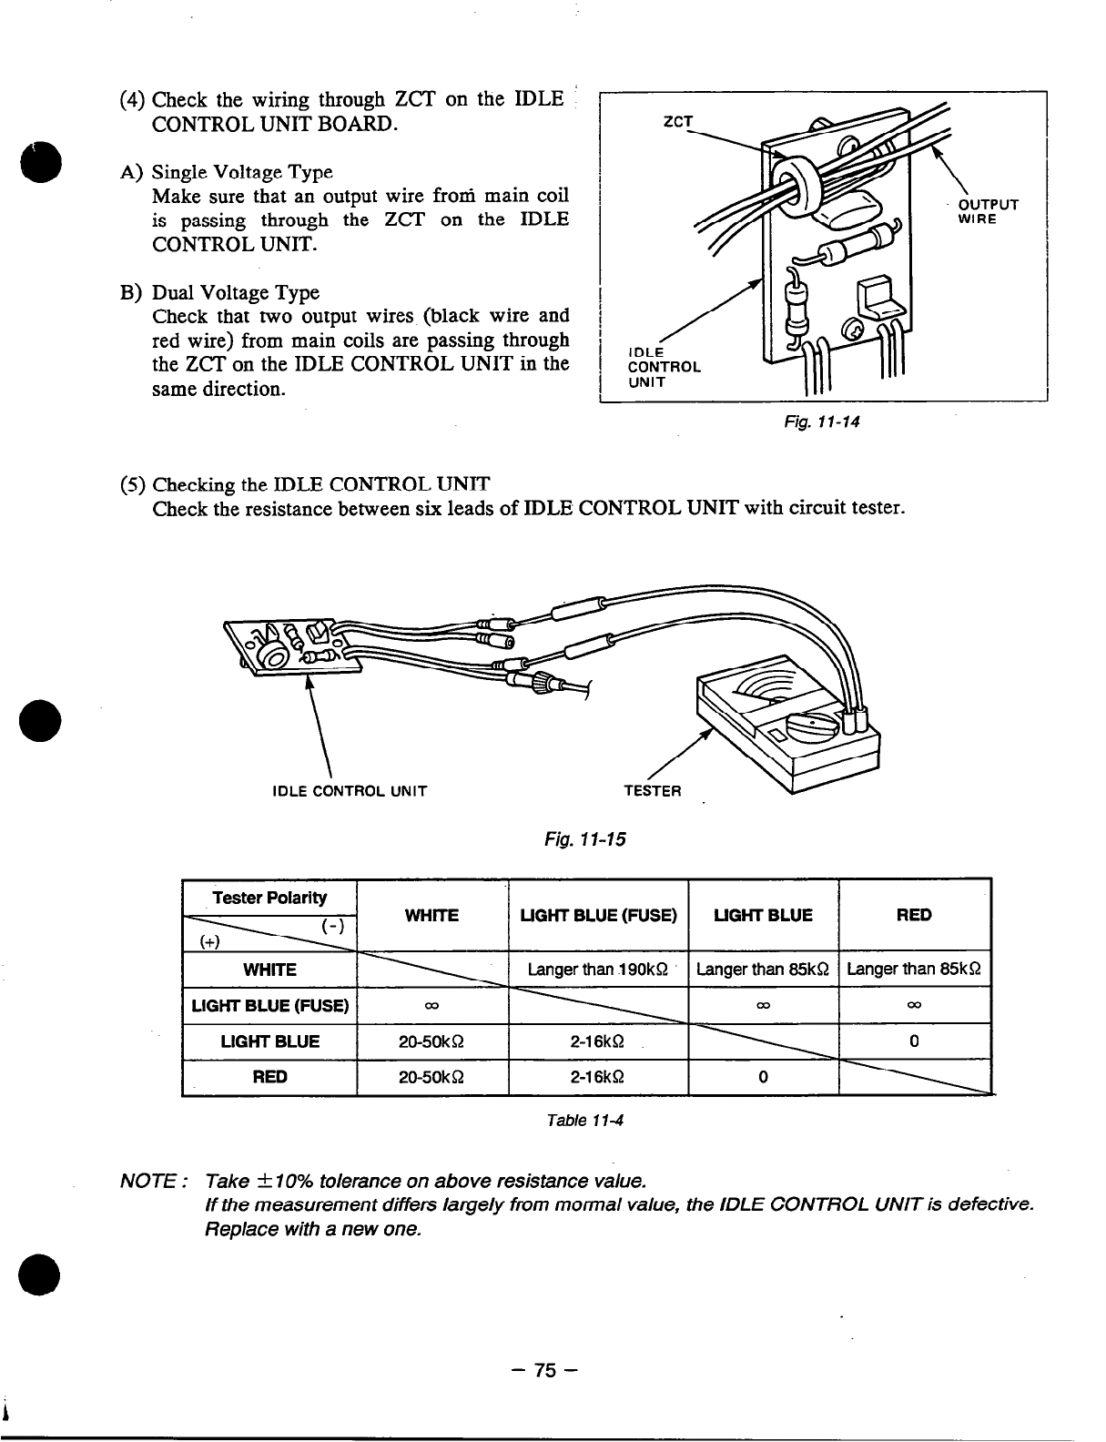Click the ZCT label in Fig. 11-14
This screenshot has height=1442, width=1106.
[x=677, y=121]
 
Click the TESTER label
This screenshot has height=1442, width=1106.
[x=652, y=790]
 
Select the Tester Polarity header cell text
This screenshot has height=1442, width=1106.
[x=269, y=898]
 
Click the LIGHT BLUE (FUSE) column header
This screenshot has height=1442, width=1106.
[x=598, y=915]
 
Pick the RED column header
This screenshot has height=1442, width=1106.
[x=913, y=915]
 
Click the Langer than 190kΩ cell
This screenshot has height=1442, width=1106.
[x=597, y=969]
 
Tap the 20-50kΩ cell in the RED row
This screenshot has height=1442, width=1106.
[x=432, y=1077]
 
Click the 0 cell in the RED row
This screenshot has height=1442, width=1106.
[x=763, y=1077]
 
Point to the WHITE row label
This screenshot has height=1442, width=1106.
[x=269, y=970]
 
